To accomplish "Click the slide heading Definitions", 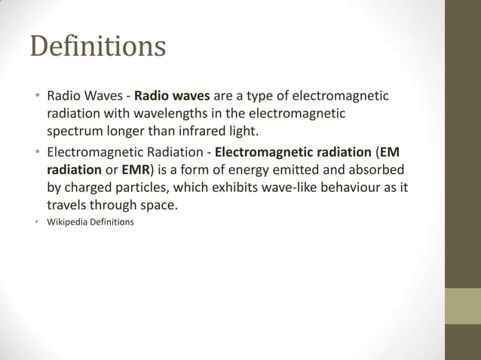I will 97,46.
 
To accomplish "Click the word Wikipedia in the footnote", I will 69,222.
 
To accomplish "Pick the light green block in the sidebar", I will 462,306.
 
